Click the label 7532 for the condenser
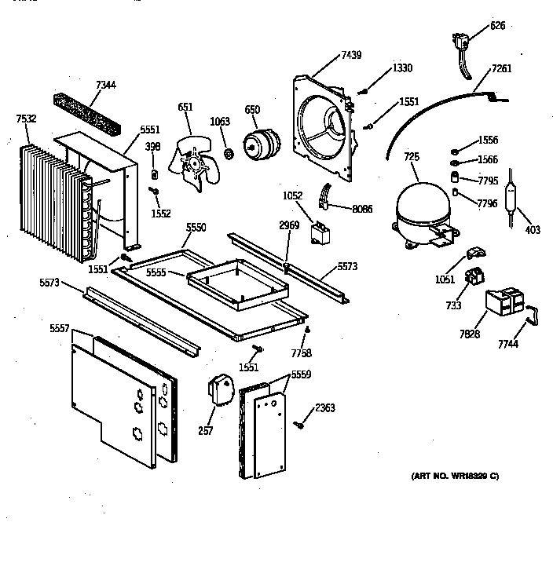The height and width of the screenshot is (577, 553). click(27, 119)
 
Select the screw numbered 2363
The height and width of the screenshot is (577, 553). click(300, 425)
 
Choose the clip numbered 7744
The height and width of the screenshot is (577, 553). click(533, 314)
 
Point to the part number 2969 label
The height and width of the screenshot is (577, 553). click(289, 225)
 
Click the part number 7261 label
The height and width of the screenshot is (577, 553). click(502, 68)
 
